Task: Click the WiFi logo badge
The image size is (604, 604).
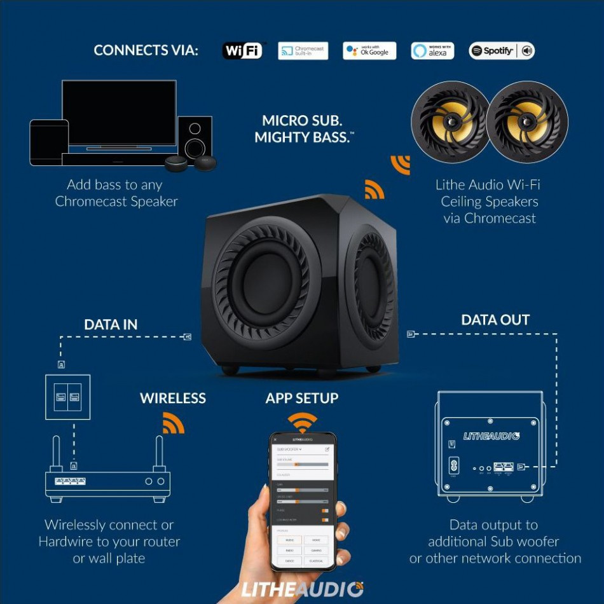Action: click(242, 51)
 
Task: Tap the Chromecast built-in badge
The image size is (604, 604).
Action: click(303, 51)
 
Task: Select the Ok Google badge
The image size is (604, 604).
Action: click(369, 51)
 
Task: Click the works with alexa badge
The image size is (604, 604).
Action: click(432, 51)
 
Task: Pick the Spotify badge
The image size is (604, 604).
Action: click(501, 51)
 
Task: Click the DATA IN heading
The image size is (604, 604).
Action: click(111, 325)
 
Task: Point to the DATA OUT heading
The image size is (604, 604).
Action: click(495, 320)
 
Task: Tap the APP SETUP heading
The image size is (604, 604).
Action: click(302, 399)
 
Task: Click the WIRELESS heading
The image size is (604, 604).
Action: click(173, 399)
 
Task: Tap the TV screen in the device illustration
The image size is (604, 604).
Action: click(119, 113)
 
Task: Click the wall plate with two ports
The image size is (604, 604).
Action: click(67, 397)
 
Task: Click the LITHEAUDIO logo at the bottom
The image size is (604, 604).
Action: click(302, 588)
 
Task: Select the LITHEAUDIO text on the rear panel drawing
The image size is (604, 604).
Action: click(491, 436)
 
